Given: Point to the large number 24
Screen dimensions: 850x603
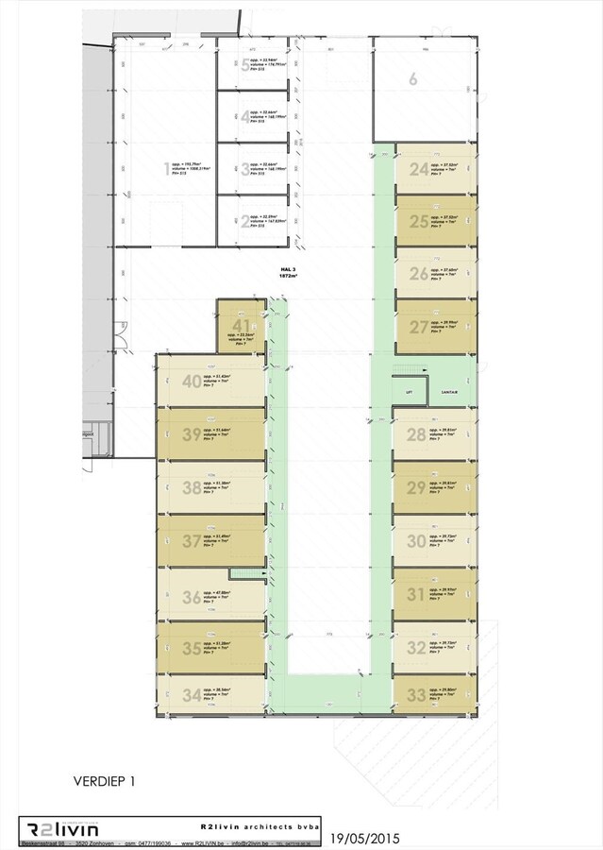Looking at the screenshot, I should (418, 170).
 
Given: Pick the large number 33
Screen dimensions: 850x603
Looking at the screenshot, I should (416, 695).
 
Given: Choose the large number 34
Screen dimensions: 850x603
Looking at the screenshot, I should (192, 695).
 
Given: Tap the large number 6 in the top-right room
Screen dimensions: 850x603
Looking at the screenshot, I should (412, 79).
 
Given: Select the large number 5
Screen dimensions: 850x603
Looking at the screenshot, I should (245, 65).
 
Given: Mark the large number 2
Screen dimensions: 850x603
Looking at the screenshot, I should (245, 222).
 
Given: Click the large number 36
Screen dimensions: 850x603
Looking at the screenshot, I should (192, 596).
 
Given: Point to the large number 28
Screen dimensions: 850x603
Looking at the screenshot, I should (416, 435).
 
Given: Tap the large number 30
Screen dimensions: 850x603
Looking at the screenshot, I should (416, 541).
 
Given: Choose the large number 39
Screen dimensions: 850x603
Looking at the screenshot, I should (192, 433).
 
